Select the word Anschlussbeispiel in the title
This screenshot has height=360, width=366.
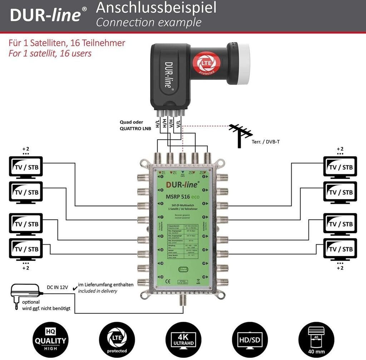[x=156, y=8]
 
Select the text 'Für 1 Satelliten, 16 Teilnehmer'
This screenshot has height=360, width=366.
[x=67, y=43]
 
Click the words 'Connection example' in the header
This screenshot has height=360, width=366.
[x=149, y=22]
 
